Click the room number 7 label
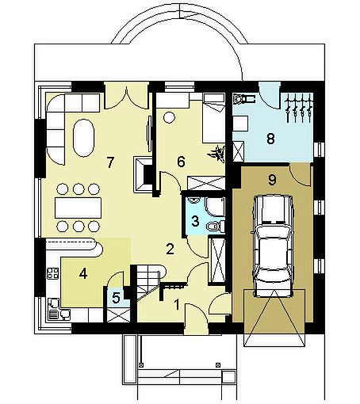[x=110, y=162]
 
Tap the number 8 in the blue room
[x=270, y=139]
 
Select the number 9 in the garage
[x=272, y=180]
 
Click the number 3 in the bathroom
[x=195, y=221]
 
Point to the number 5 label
[x=116, y=298]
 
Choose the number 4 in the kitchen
[x=83, y=274]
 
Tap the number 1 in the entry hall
[x=177, y=304]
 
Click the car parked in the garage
[x=274, y=246]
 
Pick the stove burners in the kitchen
[x=52, y=273]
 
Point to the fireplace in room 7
[x=143, y=174]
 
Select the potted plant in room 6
[x=218, y=153]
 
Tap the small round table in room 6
[x=169, y=116]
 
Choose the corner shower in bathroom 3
[x=215, y=206]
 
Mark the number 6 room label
[x=181, y=162]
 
